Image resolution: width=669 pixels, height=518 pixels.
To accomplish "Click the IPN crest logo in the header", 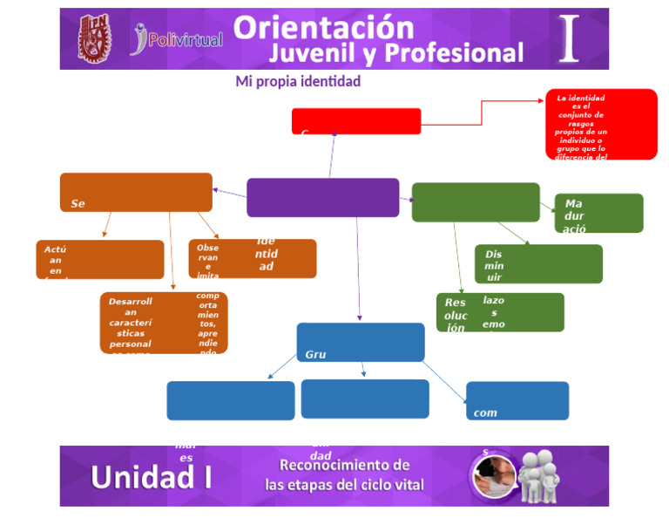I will (94, 38).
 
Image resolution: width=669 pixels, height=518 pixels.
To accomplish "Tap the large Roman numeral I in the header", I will (568, 38).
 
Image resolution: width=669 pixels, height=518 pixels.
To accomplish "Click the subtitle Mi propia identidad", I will (298, 81).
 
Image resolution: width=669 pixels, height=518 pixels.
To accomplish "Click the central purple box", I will (322, 197).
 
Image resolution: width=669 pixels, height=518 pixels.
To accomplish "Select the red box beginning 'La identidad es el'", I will (601, 124).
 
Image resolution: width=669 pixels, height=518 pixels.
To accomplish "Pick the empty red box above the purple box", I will (355, 121).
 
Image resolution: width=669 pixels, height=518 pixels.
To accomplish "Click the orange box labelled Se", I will (135, 192).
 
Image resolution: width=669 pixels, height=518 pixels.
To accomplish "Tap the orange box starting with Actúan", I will (99, 259).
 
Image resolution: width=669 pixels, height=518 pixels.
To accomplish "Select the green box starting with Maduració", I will (598, 213).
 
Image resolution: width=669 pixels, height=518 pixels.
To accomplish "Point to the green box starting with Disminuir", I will (538, 264).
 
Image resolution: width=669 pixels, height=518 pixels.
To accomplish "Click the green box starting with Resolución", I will (499, 312).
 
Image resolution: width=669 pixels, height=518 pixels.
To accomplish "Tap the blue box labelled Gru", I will (361, 342).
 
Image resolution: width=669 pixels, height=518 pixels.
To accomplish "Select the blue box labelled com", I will (517, 400).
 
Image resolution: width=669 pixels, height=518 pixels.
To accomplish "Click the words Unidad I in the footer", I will (152, 477).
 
